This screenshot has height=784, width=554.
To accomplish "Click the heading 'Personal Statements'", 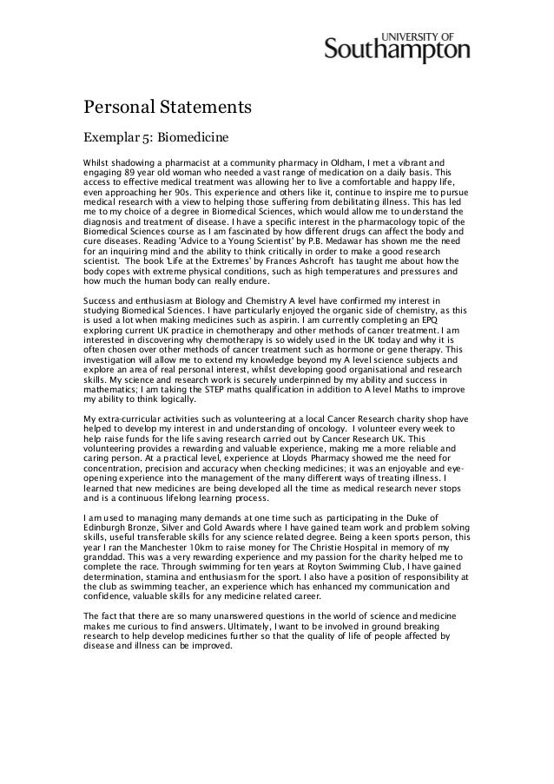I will coord(167,109).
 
